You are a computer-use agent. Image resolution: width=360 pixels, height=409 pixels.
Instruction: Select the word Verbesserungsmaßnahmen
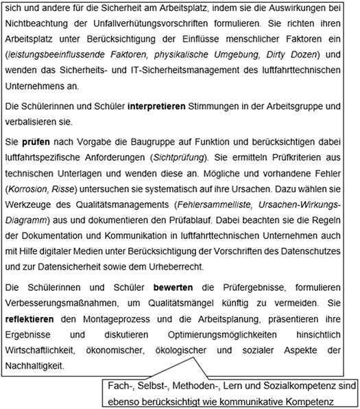point(68,301)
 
